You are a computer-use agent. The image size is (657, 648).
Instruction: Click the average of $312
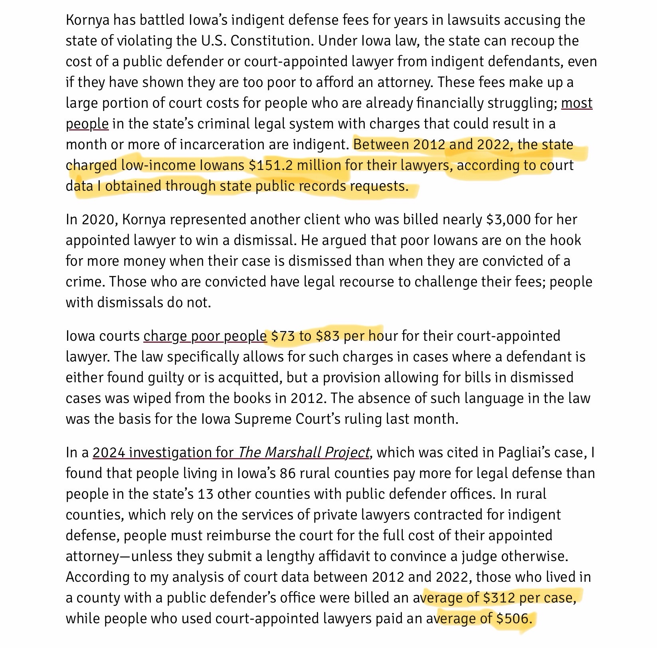coord(499,598)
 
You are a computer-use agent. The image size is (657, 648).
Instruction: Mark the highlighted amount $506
coord(513,618)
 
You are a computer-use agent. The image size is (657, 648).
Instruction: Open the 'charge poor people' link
coord(205,336)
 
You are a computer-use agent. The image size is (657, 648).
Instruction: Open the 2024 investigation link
coord(231,452)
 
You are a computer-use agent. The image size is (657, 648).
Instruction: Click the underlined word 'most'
coord(576,103)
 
